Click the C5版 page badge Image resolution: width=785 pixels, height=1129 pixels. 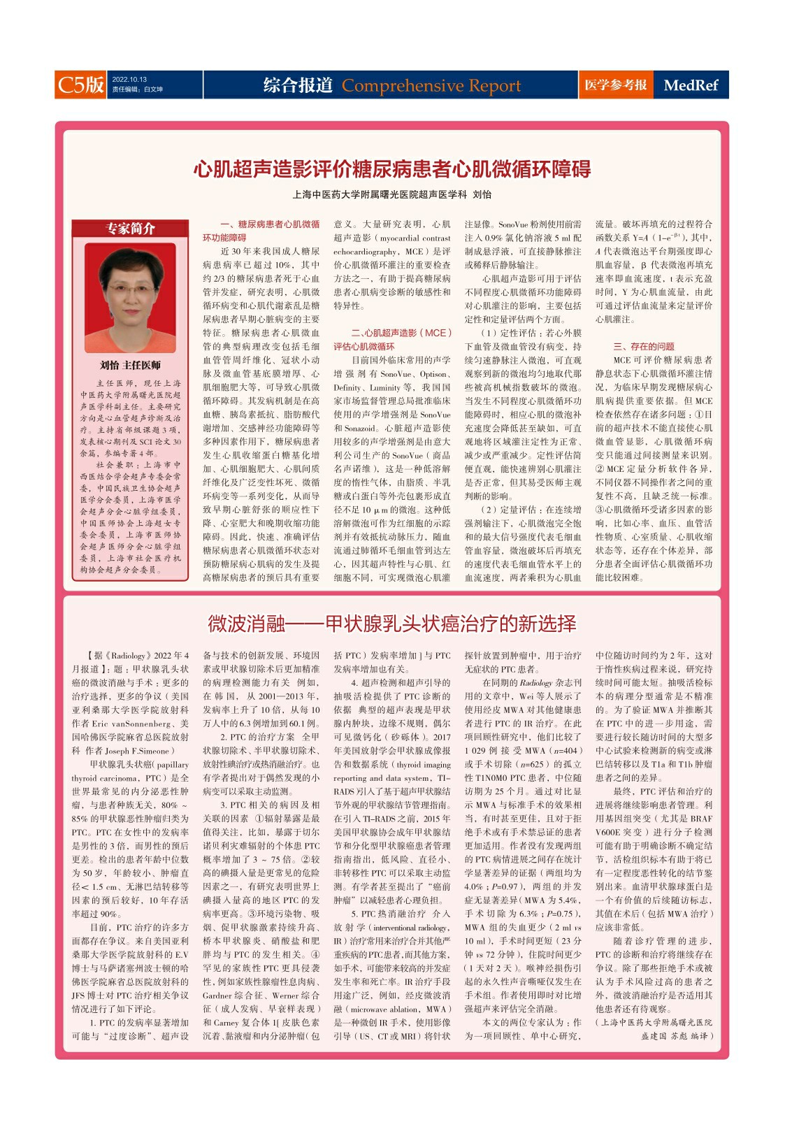81,85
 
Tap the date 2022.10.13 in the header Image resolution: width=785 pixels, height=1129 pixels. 129,79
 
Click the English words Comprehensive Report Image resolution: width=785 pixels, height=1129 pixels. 431,86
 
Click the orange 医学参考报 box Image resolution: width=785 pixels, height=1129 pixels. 615,85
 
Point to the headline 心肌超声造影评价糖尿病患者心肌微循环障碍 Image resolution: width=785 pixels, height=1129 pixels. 391,168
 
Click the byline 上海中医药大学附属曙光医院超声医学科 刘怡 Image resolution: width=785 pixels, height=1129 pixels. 391,194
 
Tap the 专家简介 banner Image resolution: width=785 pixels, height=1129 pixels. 130,229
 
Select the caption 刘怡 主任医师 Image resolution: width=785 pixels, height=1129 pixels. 130,365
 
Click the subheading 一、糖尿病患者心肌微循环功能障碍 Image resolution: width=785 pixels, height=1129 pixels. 261,231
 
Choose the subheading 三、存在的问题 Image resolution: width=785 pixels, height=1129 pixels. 643,346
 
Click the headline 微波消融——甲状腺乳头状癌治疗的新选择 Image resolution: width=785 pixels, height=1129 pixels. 391,623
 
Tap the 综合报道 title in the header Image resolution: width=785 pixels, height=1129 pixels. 298,85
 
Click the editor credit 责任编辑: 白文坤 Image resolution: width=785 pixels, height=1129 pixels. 137,89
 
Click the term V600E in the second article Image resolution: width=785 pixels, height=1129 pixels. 612,832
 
